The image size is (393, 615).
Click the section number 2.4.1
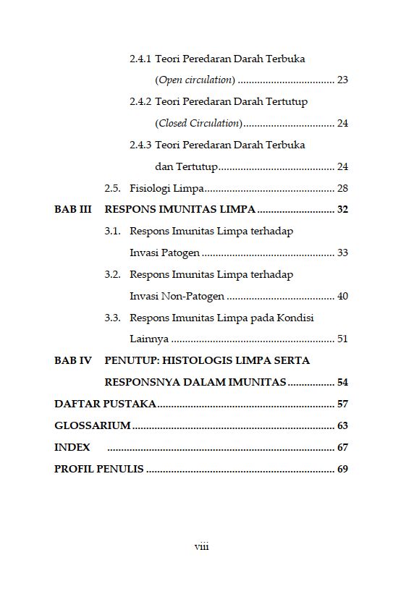pyautogui.click(x=140, y=59)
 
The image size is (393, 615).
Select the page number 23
pyautogui.click(x=342, y=80)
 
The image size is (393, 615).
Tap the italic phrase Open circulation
pyautogui.click(x=195, y=80)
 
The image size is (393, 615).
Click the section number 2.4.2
pyautogui.click(x=140, y=102)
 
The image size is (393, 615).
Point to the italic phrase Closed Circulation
pyautogui.click(x=199, y=123)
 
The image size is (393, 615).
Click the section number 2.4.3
pyautogui.click(x=140, y=145)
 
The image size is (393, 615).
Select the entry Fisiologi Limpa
pyautogui.click(x=166, y=189)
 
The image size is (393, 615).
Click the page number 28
pyautogui.click(x=342, y=189)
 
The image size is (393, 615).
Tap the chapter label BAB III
pyautogui.click(x=73, y=210)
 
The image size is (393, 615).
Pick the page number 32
pyautogui.click(x=342, y=210)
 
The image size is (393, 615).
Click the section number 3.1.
pyautogui.click(x=112, y=232)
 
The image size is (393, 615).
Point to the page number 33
pyautogui.click(x=342, y=253)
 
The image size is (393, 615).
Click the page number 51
pyautogui.click(x=342, y=339)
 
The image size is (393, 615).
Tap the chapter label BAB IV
pyautogui.click(x=73, y=360)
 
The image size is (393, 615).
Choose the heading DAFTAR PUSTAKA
pyautogui.click(x=105, y=404)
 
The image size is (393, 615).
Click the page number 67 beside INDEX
pyautogui.click(x=342, y=447)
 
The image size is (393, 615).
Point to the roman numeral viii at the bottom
pyautogui.click(x=201, y=547)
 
